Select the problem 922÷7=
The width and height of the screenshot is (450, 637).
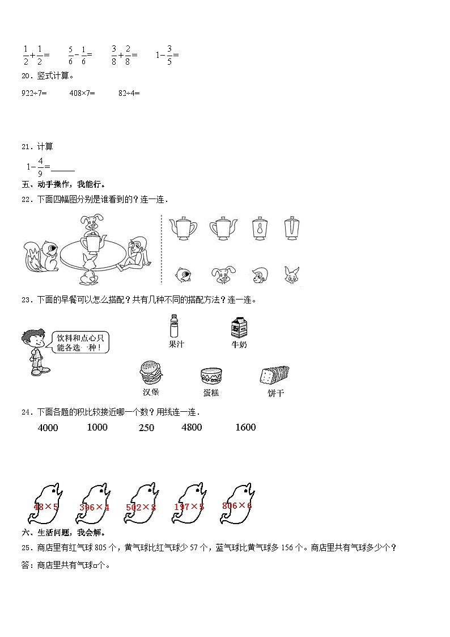click(x=33, y=92)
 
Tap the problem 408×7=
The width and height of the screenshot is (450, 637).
click(x=82, y=92)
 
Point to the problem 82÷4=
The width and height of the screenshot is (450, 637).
click(x=129, y=92)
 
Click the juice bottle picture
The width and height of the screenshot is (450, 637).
click(x=175, y=327)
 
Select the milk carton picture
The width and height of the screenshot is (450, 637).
click(x=239, y=328)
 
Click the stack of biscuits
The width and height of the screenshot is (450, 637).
click(x=274, y=376)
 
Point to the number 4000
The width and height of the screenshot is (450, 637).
click(x=48, y=428)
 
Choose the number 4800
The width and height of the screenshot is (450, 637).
click(x=191, y=427)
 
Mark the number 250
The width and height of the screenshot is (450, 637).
click(x=146, y=428)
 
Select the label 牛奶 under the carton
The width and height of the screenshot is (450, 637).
click(x=239, y=344)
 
